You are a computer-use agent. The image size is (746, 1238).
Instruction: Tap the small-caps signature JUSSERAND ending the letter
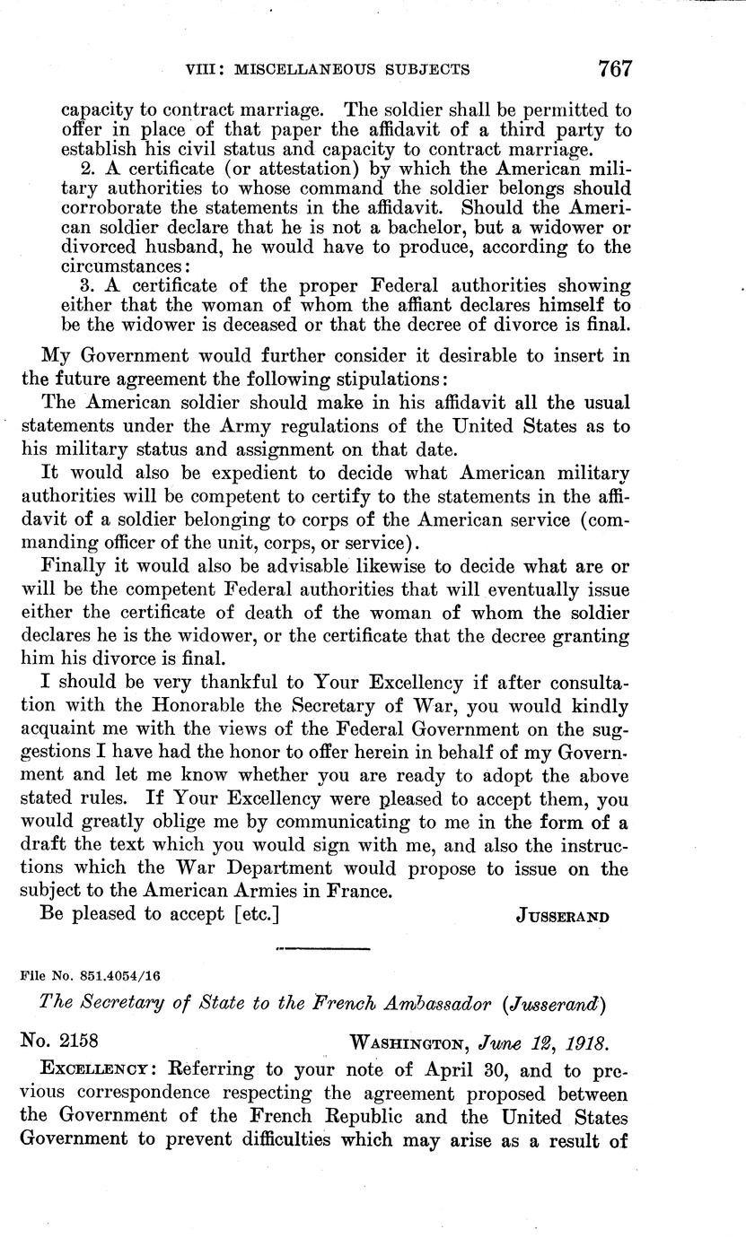pos(564,916)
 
